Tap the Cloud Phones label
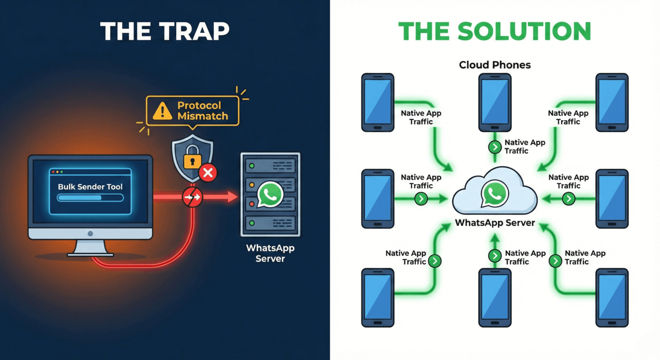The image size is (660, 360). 495,65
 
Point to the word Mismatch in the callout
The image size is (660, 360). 202,116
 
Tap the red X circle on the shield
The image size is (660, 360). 208,173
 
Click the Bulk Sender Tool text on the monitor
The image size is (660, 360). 90,187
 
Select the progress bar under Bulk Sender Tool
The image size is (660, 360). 90,198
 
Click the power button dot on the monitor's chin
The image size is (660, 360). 90,233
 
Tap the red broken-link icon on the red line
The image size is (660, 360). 192,197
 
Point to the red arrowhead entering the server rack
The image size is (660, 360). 232,197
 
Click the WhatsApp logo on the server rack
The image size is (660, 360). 270,194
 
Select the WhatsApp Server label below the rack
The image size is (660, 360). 270,253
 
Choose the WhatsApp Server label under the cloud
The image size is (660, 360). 495,223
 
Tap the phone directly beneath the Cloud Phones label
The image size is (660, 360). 495,102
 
